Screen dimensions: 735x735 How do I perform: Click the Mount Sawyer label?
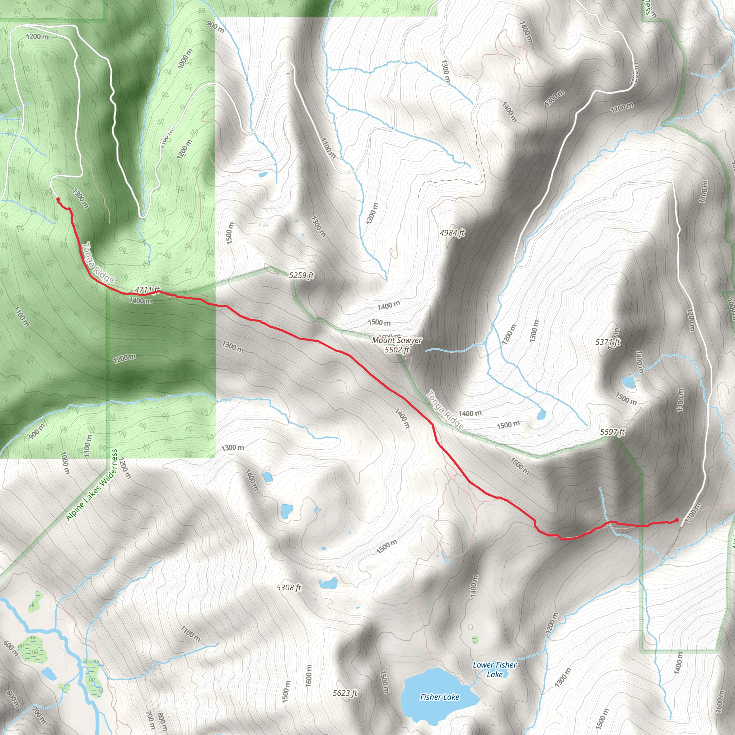[397, 340]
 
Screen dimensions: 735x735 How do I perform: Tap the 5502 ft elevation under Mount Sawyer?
[397, 350]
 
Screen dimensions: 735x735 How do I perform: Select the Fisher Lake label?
[439, 697]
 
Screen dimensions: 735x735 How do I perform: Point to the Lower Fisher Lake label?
[495, 670]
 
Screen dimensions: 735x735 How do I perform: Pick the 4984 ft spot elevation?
[452, 233]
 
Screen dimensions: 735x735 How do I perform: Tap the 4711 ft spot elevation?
[147, 290]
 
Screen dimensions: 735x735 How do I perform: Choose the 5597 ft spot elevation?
[612, 432]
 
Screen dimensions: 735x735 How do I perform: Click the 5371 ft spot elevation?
[608, 342]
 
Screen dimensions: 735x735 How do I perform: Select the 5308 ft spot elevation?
[289, 588]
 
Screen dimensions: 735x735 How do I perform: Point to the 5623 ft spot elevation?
[345, 693]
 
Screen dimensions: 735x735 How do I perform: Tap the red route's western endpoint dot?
[58, 199]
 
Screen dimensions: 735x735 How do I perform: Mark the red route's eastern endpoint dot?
[677, 520]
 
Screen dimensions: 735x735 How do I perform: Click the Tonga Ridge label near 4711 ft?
[98, 262]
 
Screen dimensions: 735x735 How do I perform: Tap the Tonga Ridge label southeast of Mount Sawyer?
[444, 410]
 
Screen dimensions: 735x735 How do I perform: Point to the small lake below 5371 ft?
[629, 382]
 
